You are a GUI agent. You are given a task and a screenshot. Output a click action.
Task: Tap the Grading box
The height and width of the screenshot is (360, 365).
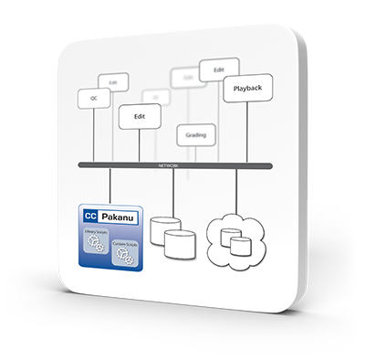pyautogui.click(x=194, y=135)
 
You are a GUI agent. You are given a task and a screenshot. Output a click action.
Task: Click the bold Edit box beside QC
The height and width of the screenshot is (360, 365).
pyautogui.click(x=139, y=117)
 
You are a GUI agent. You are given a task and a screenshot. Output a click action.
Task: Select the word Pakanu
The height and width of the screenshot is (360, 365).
pyautogui.click(x=120, y=217)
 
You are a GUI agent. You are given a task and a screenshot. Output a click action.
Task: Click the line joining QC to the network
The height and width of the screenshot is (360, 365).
pyautogui.click(x=93, y=137)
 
